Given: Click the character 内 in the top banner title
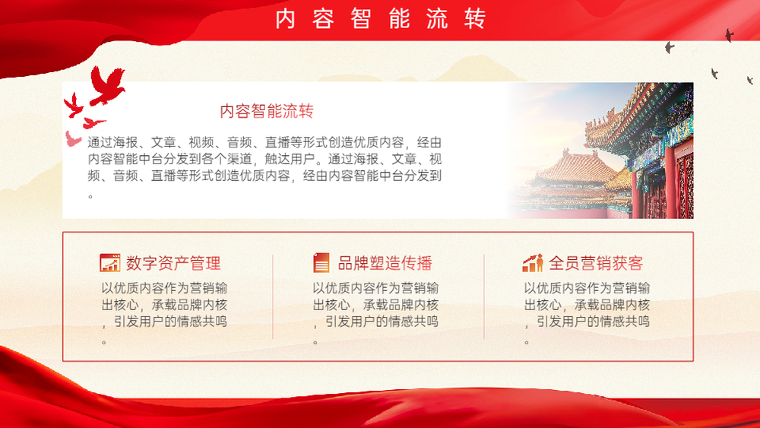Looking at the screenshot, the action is coord(286,19).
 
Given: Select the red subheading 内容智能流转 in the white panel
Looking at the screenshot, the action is coord(267,111).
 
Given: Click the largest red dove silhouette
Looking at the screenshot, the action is coord(107,85).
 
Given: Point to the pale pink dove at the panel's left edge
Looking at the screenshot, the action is coord(73,139).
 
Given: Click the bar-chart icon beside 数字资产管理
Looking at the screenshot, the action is coord(110,263).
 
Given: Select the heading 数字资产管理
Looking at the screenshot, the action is coord(173,263).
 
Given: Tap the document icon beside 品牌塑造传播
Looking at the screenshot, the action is coord(321,263).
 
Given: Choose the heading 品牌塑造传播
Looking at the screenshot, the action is coord(385,263).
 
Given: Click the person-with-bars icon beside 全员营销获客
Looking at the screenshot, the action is coord(533,263).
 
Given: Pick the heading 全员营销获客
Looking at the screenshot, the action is coord(596,263).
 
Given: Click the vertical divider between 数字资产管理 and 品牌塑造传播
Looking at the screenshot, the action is coord(273,296).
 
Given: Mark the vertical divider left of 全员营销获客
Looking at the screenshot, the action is coord(484,296).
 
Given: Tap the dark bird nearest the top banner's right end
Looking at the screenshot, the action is coord(729,35).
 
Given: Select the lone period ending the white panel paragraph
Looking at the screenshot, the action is coord(90,196).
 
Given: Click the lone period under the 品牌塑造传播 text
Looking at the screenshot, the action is coord(315,342).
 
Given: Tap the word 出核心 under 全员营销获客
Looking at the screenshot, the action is coord(543,305).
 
